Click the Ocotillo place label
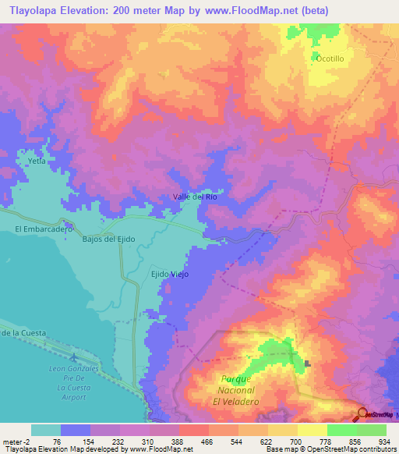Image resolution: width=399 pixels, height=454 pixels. [x=329, y=59]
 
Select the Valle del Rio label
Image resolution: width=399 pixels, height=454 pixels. [x=194, y=197]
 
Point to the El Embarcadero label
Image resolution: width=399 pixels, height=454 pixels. [x=44, y=229]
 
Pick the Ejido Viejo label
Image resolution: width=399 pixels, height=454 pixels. [x=169, y=275]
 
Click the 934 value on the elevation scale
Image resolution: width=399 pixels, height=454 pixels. [x=382, y=442]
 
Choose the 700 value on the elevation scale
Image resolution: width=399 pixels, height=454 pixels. [x=294, y=442]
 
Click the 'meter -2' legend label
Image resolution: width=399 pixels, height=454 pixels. [x=16, y=442]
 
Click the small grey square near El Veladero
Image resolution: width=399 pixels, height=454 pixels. [x=309, y=363]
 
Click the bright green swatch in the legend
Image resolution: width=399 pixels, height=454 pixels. [x=341, y=430]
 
